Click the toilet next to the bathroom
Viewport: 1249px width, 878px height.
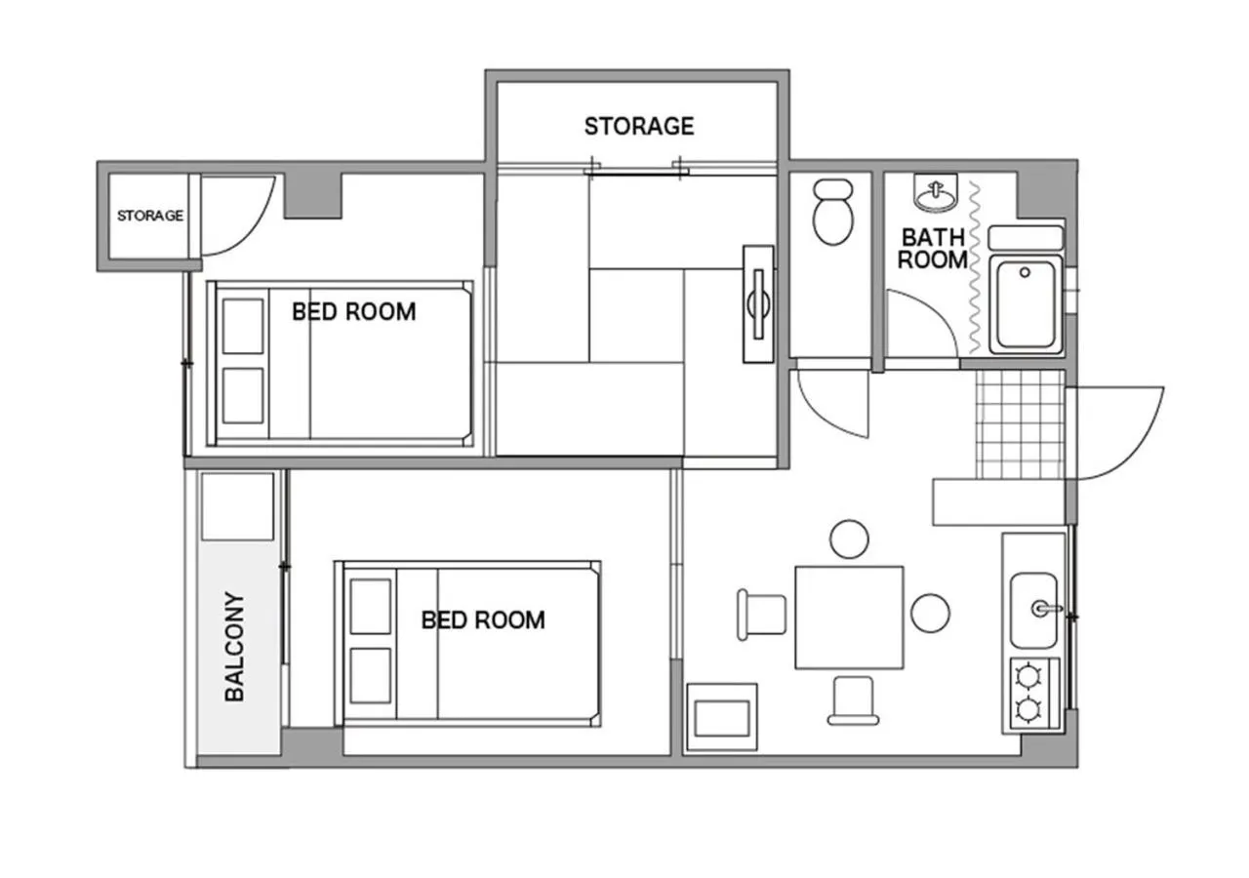click(832, 212)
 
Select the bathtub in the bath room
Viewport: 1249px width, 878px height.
click(1025, 304)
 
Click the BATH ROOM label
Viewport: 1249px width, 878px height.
click(933, 249)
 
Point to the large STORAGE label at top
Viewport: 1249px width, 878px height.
click(639, 126)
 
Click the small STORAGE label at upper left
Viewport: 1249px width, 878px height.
click(150, 216)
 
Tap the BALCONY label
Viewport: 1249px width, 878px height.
click(234, 647)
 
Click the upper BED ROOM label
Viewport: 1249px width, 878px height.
click(353, 311)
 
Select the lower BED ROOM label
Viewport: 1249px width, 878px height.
click(483, 619)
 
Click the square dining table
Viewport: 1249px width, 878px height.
click(849, 617)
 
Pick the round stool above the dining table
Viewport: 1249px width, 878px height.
click(849, 539)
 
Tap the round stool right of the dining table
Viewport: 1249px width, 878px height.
click(930, 612)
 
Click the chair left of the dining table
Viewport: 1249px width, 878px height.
click(762, 616)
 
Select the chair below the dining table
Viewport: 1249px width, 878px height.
click(853, 700)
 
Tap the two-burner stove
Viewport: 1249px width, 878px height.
click(1030, 694)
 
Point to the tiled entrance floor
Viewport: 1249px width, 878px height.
click(1020, 424)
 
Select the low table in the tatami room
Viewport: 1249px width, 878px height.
click(758, 303)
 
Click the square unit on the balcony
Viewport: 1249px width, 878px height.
click(237, 505)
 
